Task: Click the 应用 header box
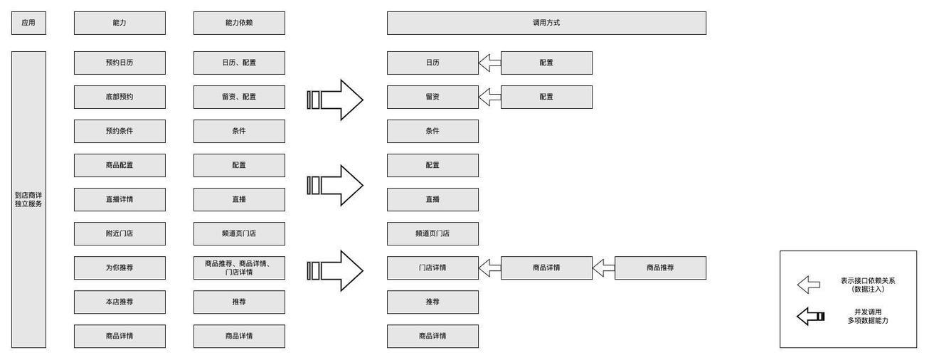coord(28,23)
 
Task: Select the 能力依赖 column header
coord(239,23)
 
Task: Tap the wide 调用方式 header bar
coord(546,23)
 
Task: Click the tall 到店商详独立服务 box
coord(28,199)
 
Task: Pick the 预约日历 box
coord(120,63)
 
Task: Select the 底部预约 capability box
coord(120,97)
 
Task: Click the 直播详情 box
coord(120,199)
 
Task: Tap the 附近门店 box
coord(120,233)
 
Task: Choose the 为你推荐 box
coord(120,268)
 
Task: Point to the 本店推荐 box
coord(120,302)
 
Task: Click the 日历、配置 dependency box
coord(239,63)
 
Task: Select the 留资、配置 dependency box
coord(239,97)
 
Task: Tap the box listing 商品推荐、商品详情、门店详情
coord(239,268)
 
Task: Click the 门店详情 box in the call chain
coord(432,268)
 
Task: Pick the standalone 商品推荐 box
coord(660,268)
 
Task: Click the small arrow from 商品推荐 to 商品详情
coord(603,268)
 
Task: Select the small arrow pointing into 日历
coord(490,63)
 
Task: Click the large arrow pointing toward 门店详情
coord(335,271)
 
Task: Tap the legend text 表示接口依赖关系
coord(868,281)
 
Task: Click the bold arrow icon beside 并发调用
coord(810,317)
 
